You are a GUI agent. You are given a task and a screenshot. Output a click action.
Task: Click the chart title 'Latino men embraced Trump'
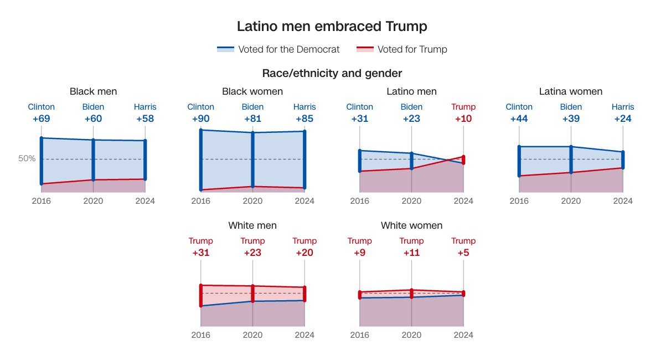click(x=332, y=26)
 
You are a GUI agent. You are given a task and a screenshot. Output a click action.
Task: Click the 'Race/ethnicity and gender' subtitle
click(x=332, y=73)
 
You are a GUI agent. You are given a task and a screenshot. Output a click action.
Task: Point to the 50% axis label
click(x=27, y=158)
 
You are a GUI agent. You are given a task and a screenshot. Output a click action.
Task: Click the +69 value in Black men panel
click(x=42, y=119)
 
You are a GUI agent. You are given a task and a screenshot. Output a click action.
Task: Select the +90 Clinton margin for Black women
click(x=201, y=119)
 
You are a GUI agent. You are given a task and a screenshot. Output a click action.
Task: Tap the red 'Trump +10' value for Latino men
click(x=463, y=119)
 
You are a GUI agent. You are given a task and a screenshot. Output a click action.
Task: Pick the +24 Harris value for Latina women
click(x=623, y=119)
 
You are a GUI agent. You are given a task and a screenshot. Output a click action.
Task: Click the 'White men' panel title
click(x=252, y=225)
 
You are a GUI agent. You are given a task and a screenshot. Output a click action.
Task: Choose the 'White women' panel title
click(x=411, y=225)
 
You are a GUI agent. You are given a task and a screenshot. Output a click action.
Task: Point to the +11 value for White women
click(x=411, y=253)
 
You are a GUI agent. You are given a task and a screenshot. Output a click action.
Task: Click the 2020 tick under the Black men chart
click(x=93, y=200)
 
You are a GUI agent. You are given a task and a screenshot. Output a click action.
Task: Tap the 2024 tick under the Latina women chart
click(x=623, y=200)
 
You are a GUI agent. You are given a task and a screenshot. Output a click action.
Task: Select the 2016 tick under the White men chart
click(x=201, y=335)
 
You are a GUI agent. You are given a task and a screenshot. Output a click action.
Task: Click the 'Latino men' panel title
click(x=411, y=91)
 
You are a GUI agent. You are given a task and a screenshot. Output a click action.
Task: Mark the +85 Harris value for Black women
click(x=305, y=119)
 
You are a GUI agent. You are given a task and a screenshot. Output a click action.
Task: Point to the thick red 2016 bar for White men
click(x=201, y=295)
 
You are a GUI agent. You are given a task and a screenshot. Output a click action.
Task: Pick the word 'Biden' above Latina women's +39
click(x=571, y=107)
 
